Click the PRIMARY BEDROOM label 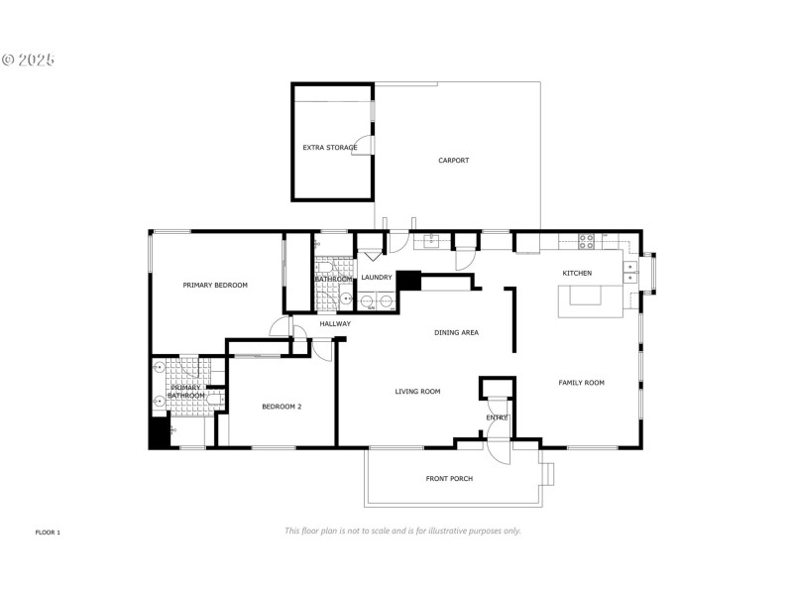coord(215,285)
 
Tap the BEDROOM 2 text coord(282,407)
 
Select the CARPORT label coord(454,161)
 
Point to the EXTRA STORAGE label coord(330,148)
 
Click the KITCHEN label coord(577,273)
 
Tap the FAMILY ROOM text coord(581,383)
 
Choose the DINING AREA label coord(456,332)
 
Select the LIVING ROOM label coord(417,392)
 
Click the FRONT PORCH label coord(449,479)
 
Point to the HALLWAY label coord(335,323)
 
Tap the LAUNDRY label coord(377,278)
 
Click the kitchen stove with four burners coord(586,238)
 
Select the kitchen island coord(590,300)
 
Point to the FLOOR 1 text coord(48,533)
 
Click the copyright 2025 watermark coord(28,59)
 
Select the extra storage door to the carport coord(369,147)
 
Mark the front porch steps coord(548,472)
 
